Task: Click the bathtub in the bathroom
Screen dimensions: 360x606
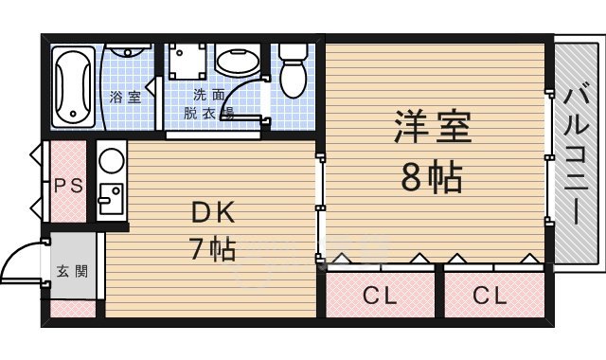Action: click(73, 86)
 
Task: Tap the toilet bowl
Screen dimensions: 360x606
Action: click(293, 68)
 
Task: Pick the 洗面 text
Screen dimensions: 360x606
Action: click(209, 95)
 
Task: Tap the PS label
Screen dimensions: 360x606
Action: click(65, 186)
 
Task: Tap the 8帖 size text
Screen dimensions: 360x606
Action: click(432, 176)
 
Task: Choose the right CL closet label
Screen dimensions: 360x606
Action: click(490, 296)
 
